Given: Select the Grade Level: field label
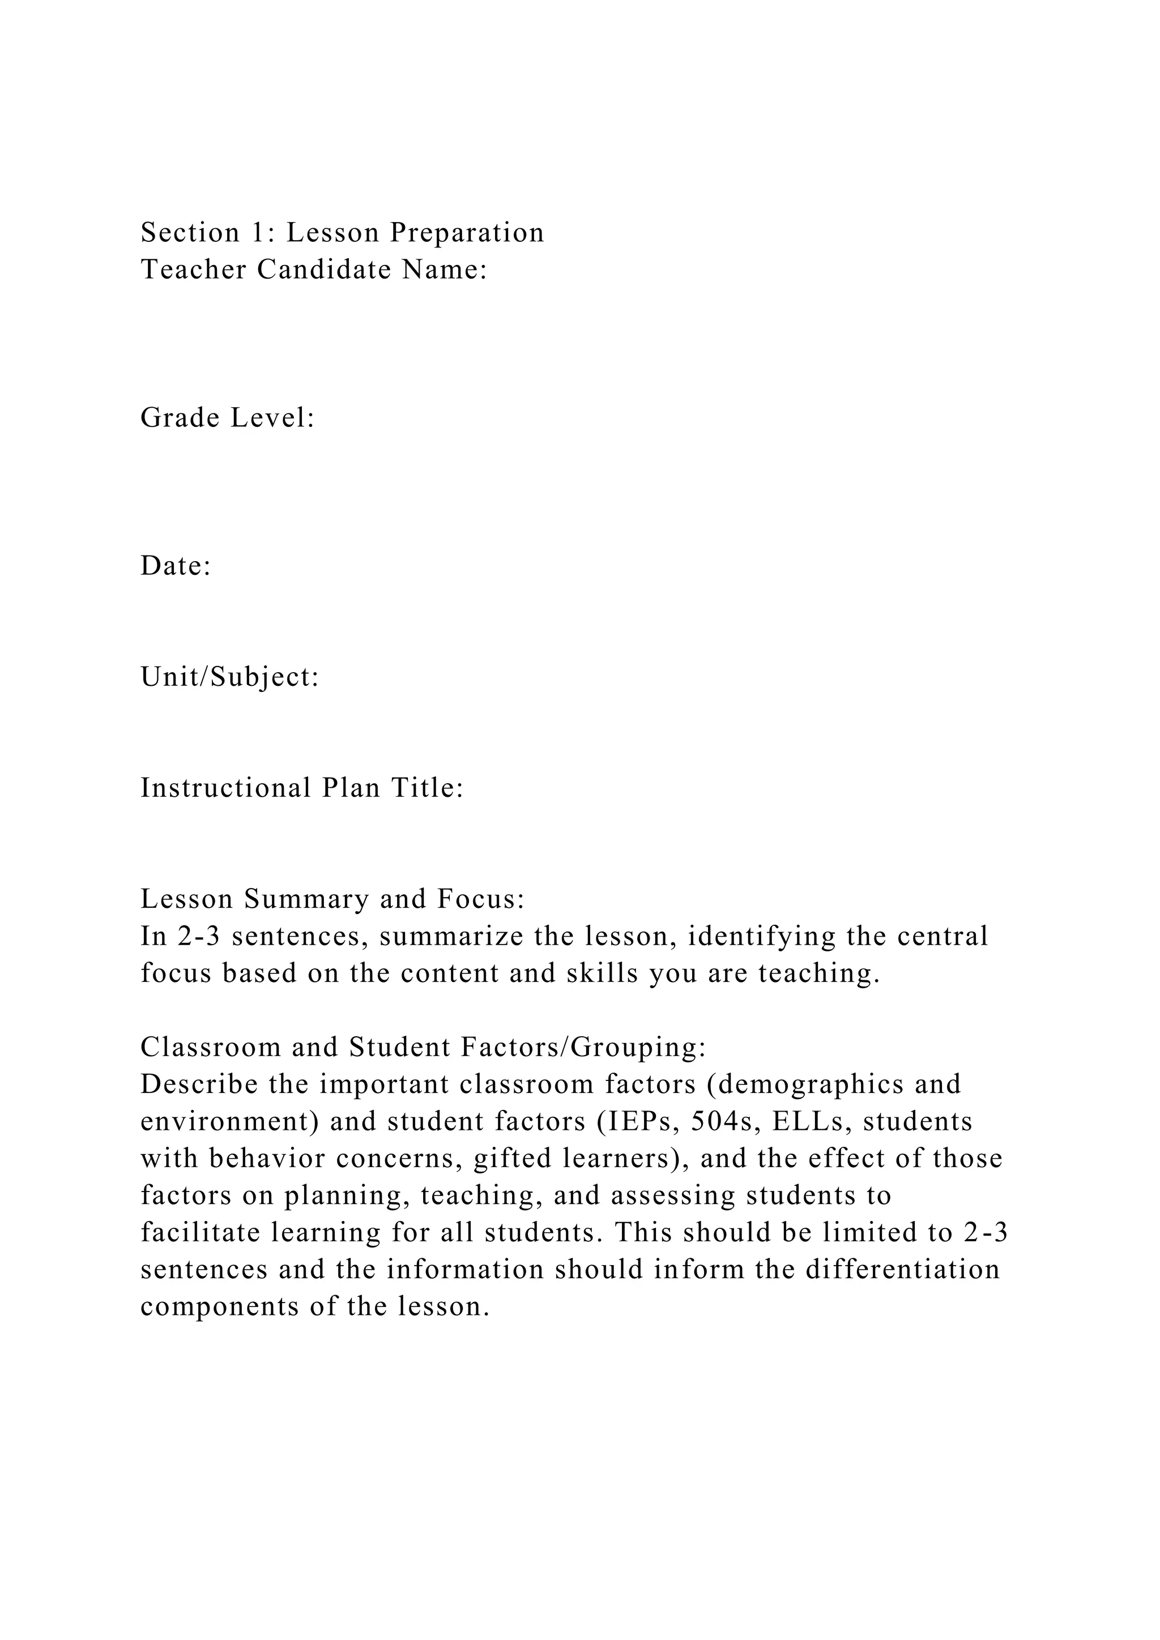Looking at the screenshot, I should tap(228, 418).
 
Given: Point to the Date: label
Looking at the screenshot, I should tap(176, 566).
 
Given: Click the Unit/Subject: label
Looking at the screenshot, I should tap(229, 677).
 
